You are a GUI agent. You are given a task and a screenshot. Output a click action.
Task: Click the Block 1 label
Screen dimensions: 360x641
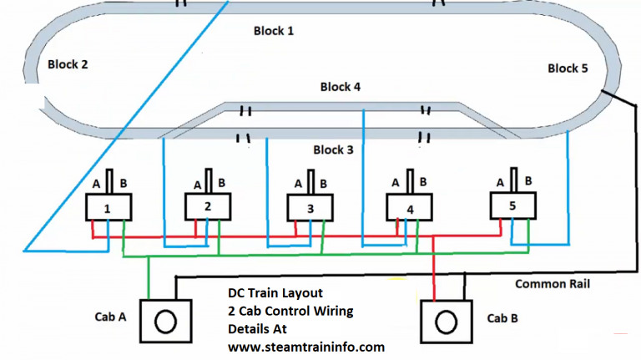274,31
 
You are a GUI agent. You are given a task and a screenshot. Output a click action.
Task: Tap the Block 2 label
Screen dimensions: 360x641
68,63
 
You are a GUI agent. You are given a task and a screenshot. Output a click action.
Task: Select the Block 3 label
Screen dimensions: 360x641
333,150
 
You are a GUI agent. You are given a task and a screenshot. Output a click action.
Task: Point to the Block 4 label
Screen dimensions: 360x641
341,87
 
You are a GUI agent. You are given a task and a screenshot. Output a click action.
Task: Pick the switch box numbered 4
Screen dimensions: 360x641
409,207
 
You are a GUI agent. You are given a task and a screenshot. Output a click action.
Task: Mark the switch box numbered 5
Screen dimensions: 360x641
512,205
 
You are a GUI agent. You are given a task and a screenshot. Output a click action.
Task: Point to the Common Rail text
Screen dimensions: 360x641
552,284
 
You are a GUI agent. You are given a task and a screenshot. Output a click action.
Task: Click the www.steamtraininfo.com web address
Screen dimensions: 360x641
305,346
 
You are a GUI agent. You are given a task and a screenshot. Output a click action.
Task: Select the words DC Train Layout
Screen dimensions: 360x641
275,293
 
